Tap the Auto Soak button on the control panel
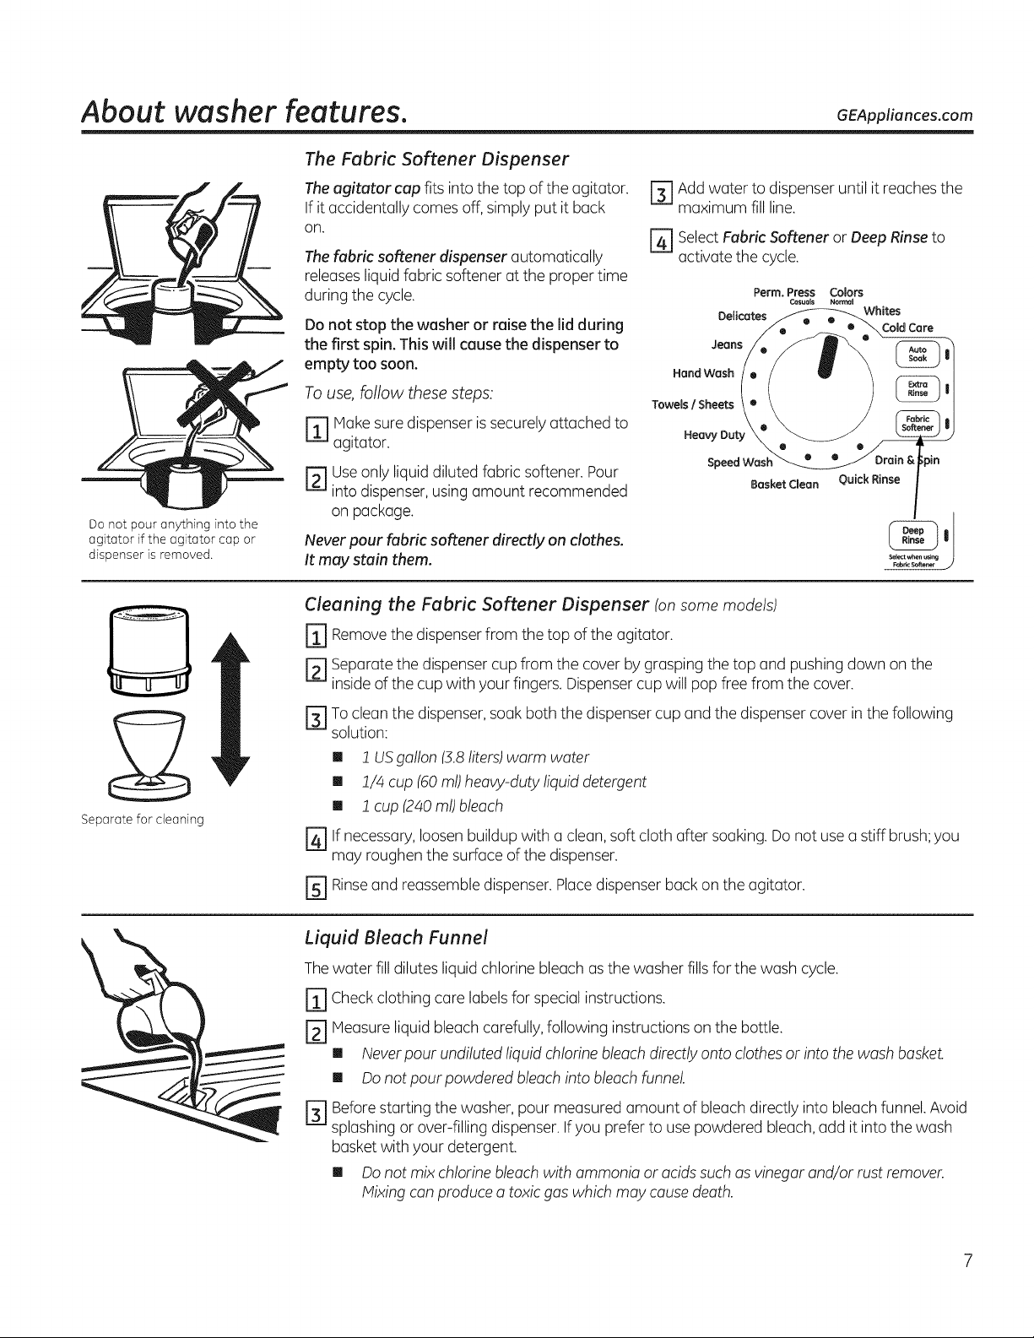pos(917,354)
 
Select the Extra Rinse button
pos(917,388)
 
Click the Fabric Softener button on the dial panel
pos(917,423)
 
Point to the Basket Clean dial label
pos(784,484)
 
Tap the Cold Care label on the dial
pos(907,328)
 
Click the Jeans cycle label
pos(727,344)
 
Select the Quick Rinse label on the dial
pos(869,479)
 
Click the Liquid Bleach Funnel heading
pos(396,937)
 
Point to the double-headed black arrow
pos(230,709)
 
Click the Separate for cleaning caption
pos(142,819)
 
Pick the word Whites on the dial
pos(882,311)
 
